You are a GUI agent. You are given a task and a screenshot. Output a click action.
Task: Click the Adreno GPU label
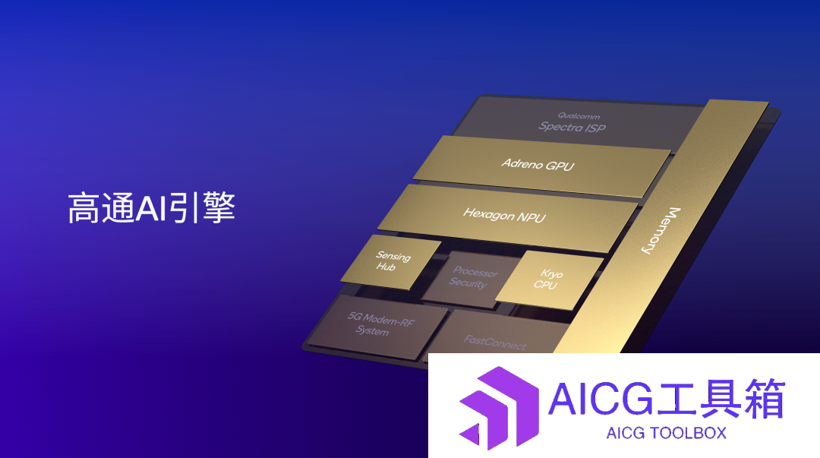click(x=538, y=165)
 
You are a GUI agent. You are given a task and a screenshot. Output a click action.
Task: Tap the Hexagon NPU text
click(x=504, y=215)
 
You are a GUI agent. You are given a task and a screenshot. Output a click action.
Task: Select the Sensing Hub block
click(x=391, y=262)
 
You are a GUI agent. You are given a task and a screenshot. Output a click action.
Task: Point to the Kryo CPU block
click(x=549, y=280)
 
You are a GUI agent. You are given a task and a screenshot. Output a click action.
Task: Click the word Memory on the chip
click(x=661, y=230)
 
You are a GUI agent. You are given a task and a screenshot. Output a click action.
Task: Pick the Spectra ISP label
click(x=572, y=127)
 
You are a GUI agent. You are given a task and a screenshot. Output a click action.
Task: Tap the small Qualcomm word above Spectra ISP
click(x=579, y=115)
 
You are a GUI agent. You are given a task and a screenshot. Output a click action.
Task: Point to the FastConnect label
click(x=495, y=342)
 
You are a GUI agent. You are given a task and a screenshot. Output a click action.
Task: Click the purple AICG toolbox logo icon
click(x=499, y=409)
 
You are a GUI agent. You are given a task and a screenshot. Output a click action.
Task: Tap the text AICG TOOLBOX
click(x=667, y=433)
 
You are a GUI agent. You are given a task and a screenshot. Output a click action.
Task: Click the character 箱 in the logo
click(x=765, y=399)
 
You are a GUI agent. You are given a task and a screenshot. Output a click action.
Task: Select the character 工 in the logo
click(x=676, y=399)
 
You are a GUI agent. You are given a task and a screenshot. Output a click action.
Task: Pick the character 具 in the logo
click(x=721, y=399)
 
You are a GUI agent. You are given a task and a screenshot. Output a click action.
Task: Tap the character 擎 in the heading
click(x=219, y=208)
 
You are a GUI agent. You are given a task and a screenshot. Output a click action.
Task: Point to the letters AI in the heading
click(x=150, y=208)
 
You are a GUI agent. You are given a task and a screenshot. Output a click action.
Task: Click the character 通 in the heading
click(x=118, y=208)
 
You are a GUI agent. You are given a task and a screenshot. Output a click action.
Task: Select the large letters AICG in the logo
click(x=601, y=399)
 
